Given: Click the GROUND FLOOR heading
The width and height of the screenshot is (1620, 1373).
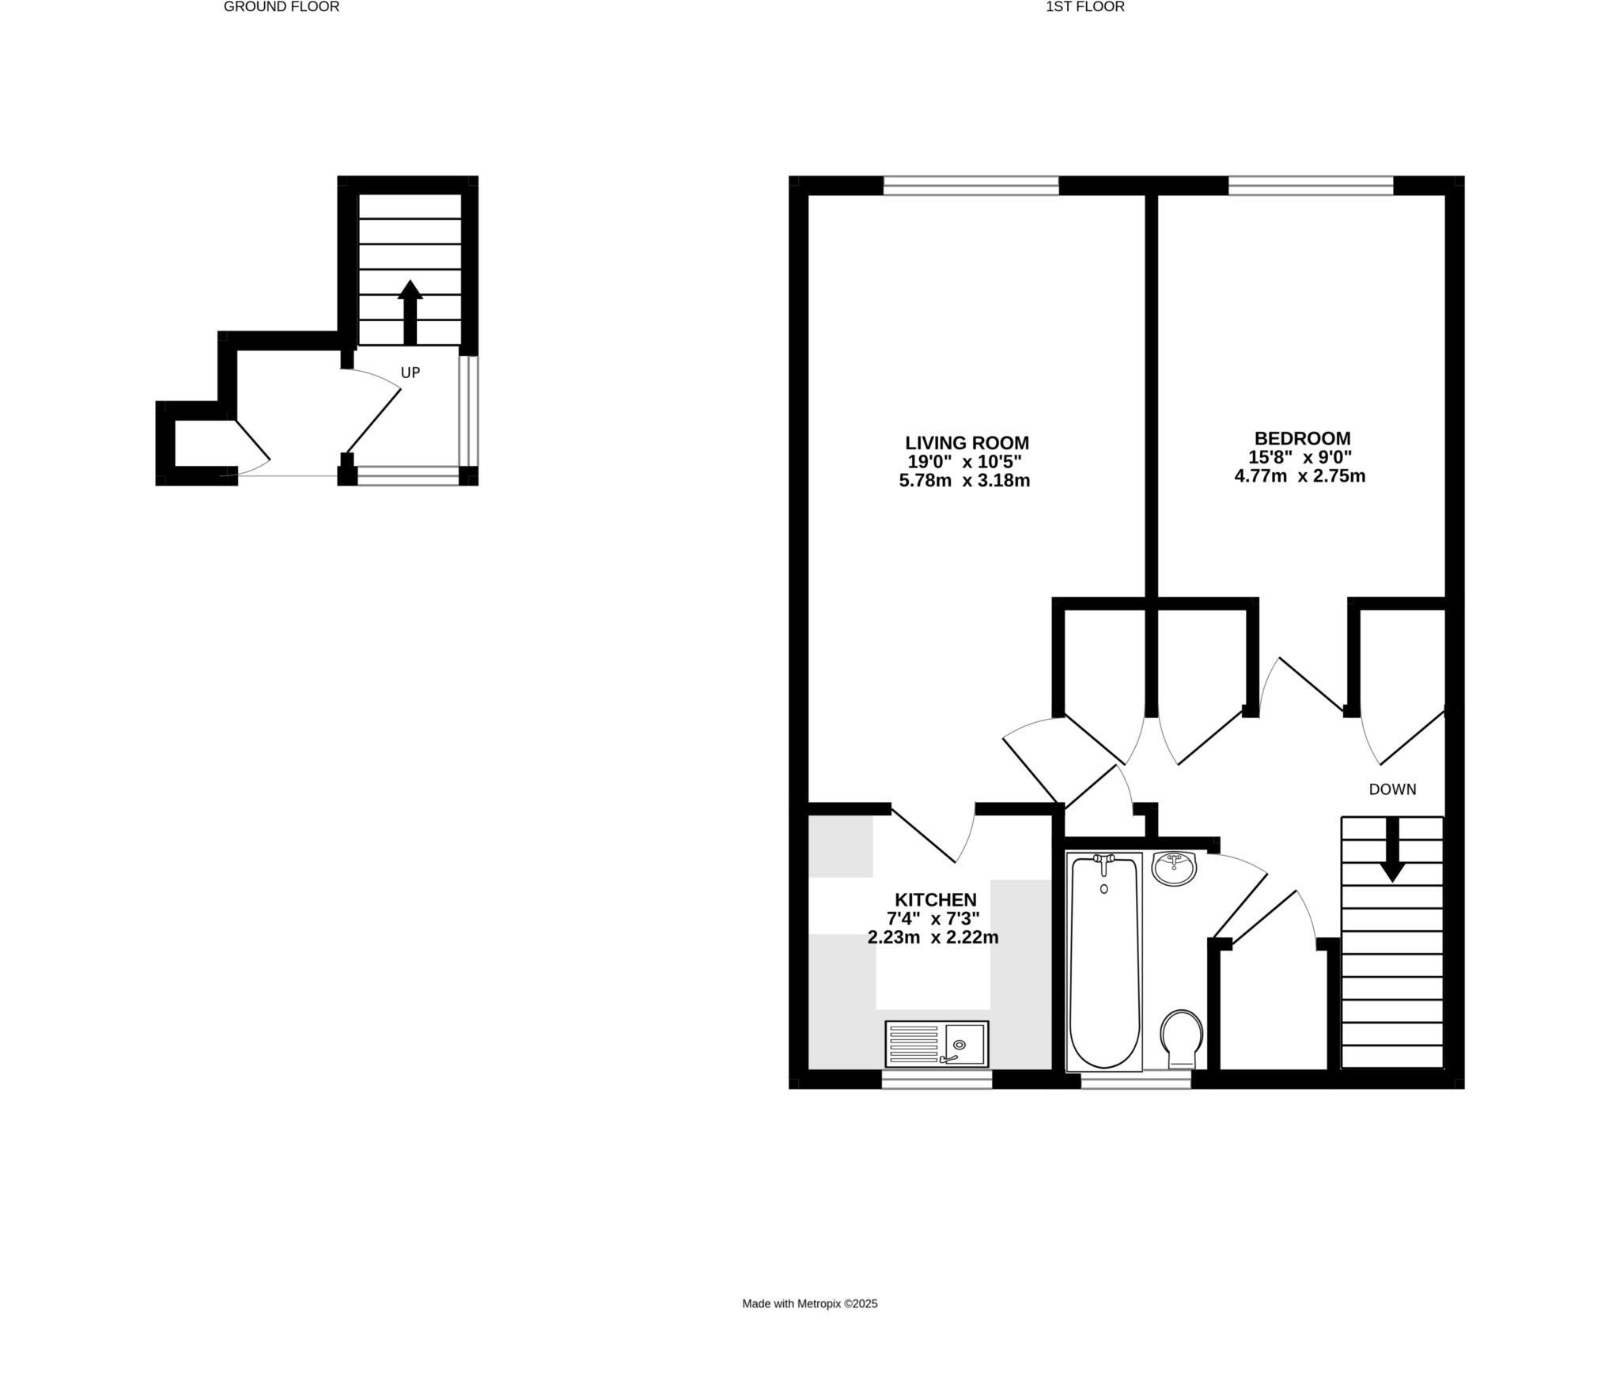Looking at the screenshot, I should coord(281,7).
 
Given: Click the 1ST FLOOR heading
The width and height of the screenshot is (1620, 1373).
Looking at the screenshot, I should coord(1084,7).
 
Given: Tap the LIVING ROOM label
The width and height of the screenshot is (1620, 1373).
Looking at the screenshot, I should coord(967,443).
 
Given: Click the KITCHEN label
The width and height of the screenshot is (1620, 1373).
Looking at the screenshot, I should coord(935,900).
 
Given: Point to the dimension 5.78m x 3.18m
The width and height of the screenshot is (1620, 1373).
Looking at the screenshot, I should coord(964,481).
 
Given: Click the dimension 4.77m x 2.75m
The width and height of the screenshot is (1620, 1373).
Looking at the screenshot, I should coord(1300,476).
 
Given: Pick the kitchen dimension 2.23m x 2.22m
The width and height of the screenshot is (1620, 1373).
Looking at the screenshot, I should coord(933,938).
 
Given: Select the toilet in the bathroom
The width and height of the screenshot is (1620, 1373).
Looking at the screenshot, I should coord(1182,1037).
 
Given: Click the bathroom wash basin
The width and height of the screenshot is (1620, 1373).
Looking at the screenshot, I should coord(1174,868).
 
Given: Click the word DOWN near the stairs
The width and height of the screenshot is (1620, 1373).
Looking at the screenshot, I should coord(1392,789).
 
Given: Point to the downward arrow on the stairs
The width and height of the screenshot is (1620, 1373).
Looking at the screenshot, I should coord(1392,850).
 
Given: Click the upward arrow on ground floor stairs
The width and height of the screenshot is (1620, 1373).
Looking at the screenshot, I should coord(410,312).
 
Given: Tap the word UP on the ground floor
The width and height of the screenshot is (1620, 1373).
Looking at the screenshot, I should coord(410,373).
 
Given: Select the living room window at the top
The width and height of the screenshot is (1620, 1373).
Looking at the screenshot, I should coord(971,186).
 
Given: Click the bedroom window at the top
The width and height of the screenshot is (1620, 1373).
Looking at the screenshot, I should coord(1310,186).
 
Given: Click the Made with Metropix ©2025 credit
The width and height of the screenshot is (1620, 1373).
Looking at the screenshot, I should coord(809,1304).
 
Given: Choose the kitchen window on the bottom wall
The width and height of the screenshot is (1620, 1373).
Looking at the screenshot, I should coord(937,1079).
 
